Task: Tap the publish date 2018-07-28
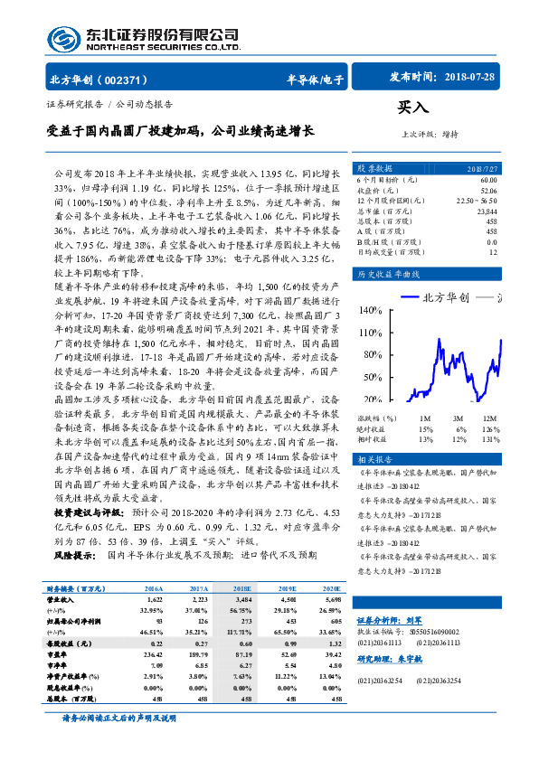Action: (471, 78)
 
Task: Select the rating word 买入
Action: (413, 108)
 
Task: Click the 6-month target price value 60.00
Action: (487, 180)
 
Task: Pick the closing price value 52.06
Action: (487, 191)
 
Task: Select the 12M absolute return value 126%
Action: (489, 428)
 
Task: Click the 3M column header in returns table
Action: (459, 418)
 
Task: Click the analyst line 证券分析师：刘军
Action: (390, 620)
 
